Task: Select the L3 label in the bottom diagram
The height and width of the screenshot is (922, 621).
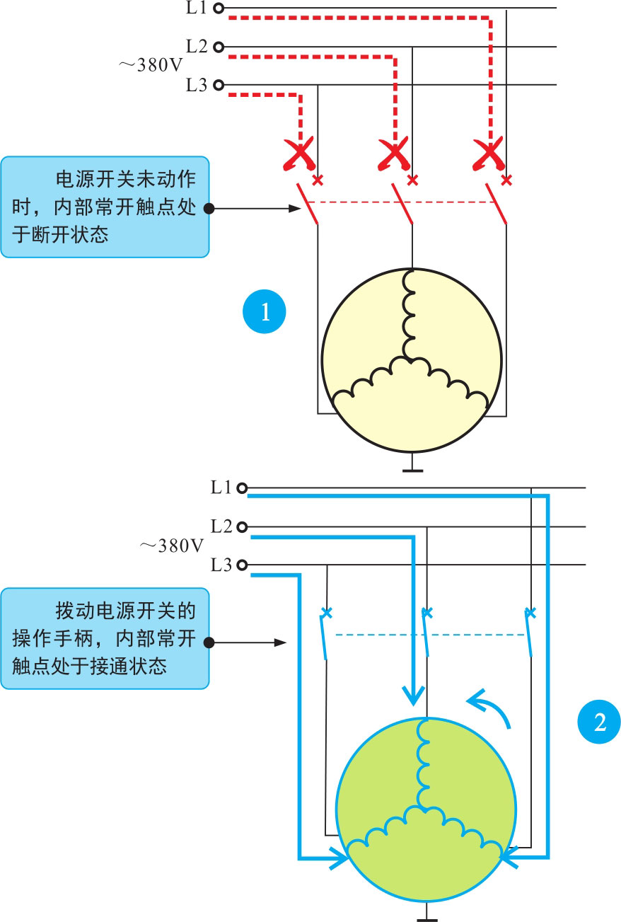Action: click(221, 565)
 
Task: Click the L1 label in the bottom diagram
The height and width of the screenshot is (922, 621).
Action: click(221, 488)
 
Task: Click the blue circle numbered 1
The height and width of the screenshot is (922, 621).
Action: click(265, 311)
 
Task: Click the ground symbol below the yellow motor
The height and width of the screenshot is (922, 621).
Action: click(412, 468)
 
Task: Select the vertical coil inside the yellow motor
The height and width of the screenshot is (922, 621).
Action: click(410, 315)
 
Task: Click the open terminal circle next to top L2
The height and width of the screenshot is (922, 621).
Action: click(218, 47)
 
